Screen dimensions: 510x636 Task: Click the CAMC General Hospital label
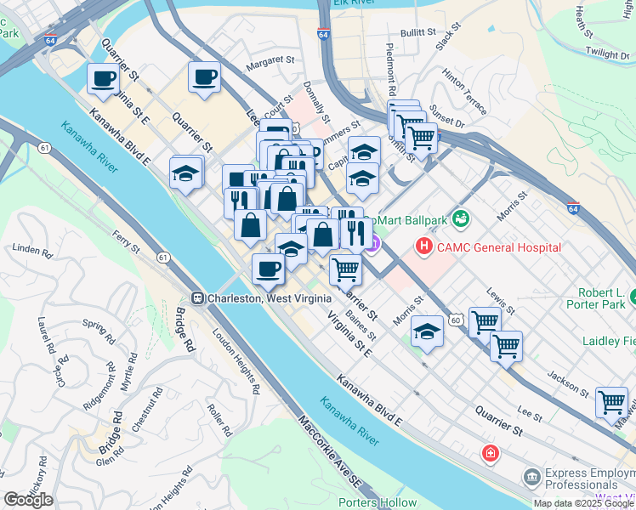point(499,247)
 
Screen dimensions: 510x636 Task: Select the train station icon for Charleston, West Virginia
point(196,298)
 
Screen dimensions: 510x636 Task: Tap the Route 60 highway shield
point(457,320)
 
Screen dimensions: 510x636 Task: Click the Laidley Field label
point(609,342)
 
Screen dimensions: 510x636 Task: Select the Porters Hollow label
point(378,502)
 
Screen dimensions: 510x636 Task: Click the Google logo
point(28,500)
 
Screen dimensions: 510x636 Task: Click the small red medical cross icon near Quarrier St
point(489,453)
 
